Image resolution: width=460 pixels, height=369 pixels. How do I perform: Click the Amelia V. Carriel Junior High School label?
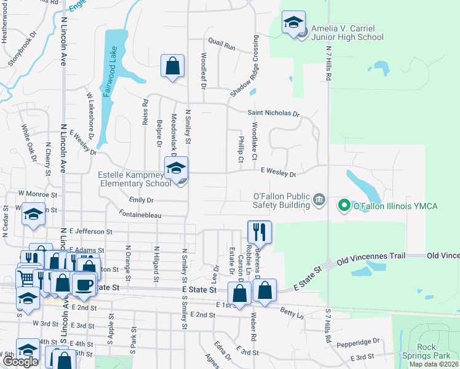(347, 33)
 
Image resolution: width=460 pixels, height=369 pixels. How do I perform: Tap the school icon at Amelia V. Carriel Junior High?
(294, 23)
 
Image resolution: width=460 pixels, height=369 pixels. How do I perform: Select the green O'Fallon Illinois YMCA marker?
(345, 205)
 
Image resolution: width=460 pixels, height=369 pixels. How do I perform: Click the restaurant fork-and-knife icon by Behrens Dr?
(259, 232)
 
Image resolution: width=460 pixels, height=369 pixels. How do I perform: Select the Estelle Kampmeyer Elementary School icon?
(176, 168)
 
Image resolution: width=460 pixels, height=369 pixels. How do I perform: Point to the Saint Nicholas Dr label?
(273, 114)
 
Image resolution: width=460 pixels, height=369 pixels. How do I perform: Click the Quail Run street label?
(221, 47)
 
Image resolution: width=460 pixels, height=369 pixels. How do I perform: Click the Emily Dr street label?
(141, 200)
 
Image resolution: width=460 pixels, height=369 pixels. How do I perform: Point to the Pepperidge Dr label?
(359, 342)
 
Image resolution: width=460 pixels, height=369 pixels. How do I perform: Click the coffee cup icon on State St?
(84, 285)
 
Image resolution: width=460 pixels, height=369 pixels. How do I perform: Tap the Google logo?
(20, 362)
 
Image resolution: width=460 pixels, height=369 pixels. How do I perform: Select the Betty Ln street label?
(291, 314)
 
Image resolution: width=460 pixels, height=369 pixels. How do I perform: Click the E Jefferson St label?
(90, 232)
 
